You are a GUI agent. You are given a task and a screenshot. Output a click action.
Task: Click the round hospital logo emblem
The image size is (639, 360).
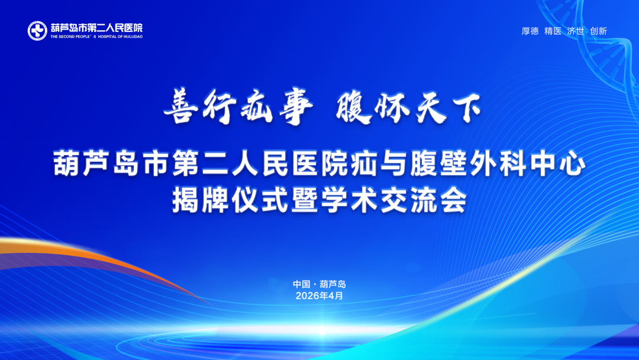pos(37,31)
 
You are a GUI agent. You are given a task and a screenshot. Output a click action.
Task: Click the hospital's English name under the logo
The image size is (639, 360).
pos(96,37)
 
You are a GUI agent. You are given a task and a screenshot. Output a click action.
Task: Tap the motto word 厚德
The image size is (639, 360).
pos(530,31)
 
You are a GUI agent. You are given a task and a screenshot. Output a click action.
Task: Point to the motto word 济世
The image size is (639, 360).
pos(576,31)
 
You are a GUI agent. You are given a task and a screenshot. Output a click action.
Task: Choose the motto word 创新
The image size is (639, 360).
pos(599,31)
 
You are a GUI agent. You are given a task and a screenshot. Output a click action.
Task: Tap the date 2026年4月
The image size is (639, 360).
pos(319,295)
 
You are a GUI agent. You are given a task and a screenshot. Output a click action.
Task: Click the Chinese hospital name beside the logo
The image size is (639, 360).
pos(96,27)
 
